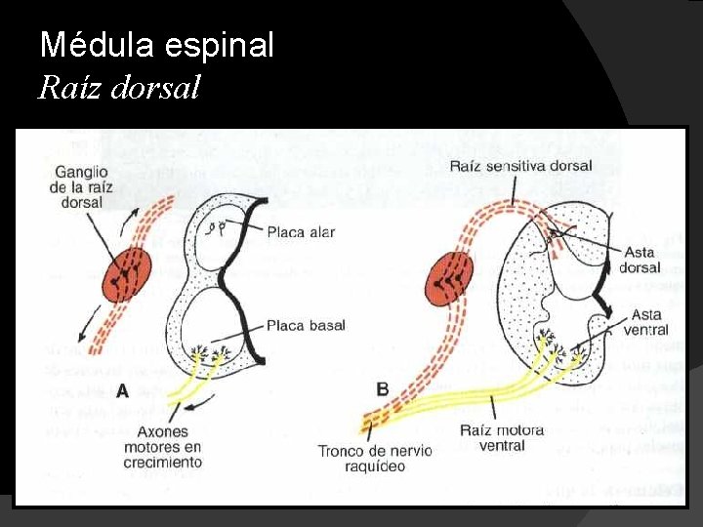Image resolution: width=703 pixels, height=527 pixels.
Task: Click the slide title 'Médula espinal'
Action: [156, 45]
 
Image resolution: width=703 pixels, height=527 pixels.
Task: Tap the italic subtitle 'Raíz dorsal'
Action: [119, 89]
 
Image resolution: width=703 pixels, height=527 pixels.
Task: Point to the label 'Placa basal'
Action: [306, 325]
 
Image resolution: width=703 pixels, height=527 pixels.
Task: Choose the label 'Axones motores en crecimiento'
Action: [162, 446]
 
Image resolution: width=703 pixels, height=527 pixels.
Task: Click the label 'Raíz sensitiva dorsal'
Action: [520, 166]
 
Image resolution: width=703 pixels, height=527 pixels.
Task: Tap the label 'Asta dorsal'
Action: [641, 260]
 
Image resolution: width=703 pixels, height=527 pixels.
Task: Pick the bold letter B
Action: [382, 389]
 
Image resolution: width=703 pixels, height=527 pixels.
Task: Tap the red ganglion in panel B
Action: [450, 277]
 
